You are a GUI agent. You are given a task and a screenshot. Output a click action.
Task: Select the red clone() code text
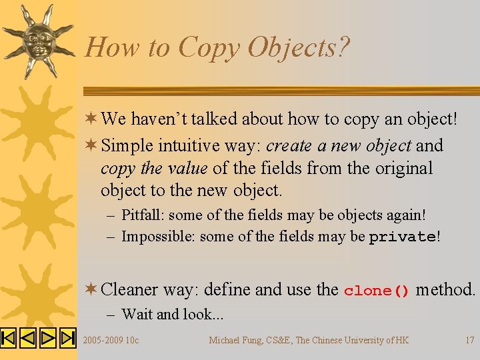click(377, 291)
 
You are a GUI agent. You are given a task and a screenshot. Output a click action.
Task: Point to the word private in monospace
click(402, 237)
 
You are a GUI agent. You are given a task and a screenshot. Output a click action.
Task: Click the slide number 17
click(469, 340)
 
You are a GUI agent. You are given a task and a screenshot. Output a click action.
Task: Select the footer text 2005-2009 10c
click(111, 340)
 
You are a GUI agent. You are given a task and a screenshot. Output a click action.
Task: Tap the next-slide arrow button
click(48, 338)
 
